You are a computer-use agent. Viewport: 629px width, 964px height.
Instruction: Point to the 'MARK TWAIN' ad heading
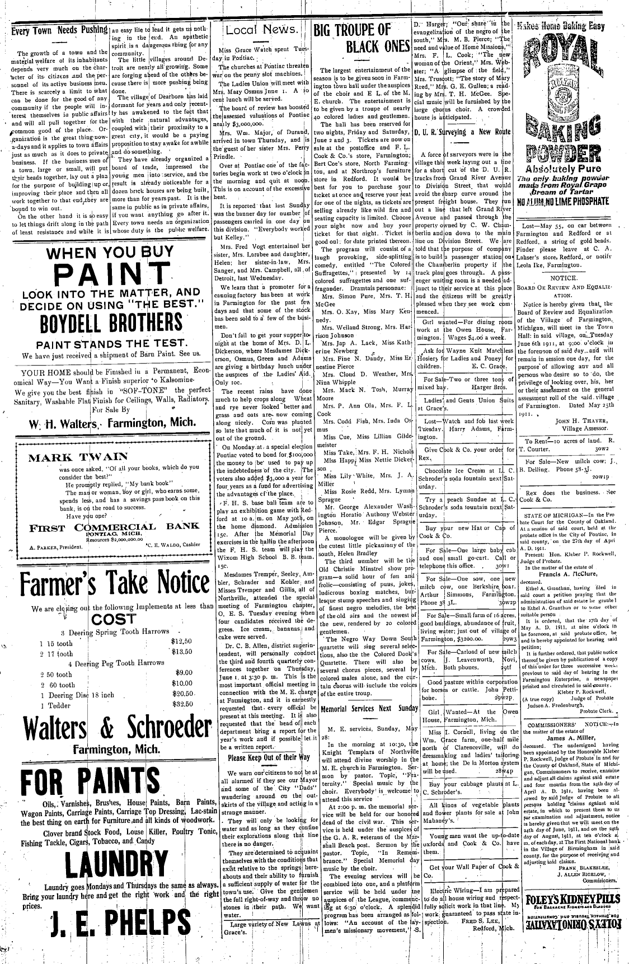pyautogui.click(x=78, y=457)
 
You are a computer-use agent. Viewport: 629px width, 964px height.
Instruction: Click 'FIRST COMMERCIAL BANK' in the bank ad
pyautogui.click(x=114, y=526)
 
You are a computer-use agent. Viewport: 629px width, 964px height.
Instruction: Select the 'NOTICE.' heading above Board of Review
pyautogui.click(x=563, y=278)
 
